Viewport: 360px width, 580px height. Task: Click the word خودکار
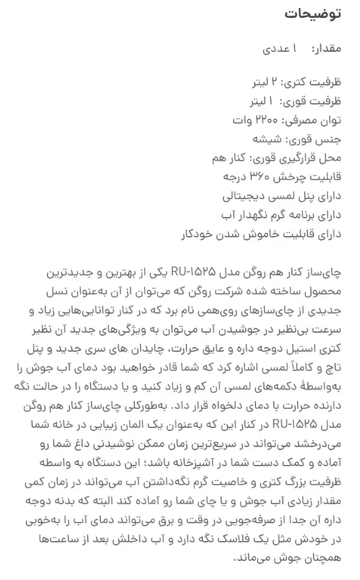pyautogui.click(x=199, y=234)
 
